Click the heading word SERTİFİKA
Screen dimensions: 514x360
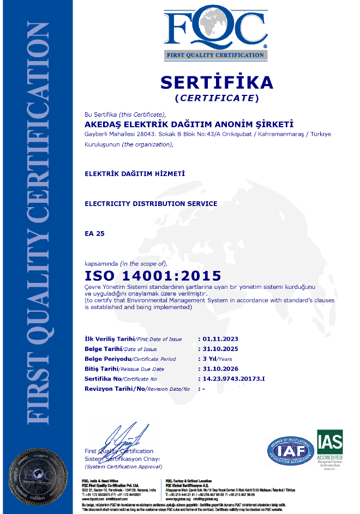pyautogui.click(x=216, y=82)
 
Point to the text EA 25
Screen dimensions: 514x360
pyautogui.click(x=94, y=233)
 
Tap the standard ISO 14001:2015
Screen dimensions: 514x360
pyautogui.click(x=153, y=275)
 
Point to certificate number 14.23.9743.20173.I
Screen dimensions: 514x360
pyautogui.click(x=233, y=379)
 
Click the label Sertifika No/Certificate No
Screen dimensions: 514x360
pyautogui.click(x=121, y=379)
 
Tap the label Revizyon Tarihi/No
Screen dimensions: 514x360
pyautogui.click(x=137, y=389)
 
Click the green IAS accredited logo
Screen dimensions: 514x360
pyautogui.click(x=330, y=447)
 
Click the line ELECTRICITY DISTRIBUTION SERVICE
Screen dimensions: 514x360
pyautogui.click(x=151, y=203)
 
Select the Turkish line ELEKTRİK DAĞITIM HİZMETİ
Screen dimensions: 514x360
pyautogui.click(x=135, y=173)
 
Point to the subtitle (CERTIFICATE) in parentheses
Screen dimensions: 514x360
pyautogui.click(x=216, y=98)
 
